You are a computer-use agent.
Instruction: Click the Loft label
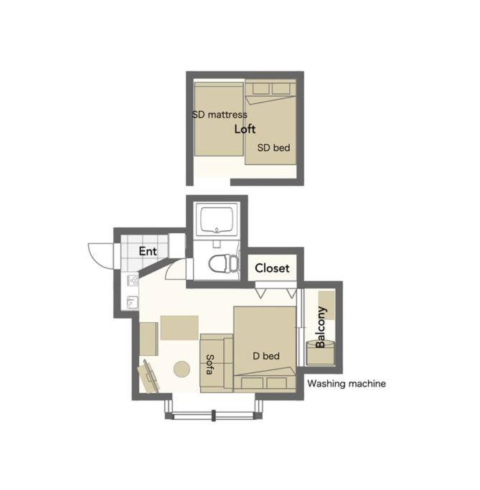tap(245, 129)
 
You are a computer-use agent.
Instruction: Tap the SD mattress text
tap(220, 115)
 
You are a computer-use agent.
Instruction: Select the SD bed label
tap(273, 148)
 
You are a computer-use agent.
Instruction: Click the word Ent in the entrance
tap(148, 251)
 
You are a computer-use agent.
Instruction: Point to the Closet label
tap(272, 268)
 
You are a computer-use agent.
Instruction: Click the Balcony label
tap(321, 327)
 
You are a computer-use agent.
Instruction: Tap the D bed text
tap(266, 356)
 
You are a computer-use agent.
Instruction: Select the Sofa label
tap(210, 364)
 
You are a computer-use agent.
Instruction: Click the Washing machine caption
tap(347, 383)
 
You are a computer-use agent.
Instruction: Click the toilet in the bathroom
tap(223, 263)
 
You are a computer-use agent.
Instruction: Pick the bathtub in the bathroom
tap(217, 220)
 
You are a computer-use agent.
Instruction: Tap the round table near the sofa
tap(182, 369)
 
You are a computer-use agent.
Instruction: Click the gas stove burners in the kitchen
tap(132, 280)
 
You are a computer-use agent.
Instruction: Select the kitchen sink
tap(132, 302)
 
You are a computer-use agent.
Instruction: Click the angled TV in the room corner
tap(149, 377)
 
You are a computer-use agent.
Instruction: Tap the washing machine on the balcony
tap(321, 354)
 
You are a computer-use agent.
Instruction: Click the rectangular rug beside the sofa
tap(179, 328)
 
